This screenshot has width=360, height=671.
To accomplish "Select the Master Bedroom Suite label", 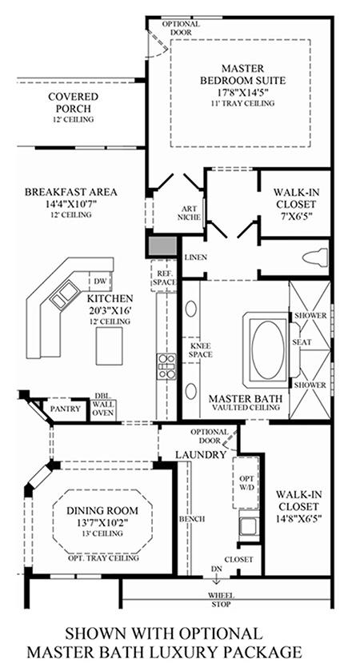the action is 242,74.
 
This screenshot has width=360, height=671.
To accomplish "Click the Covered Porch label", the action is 73,102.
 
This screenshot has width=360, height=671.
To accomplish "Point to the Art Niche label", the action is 190,213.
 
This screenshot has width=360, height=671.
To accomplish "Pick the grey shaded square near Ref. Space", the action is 162,246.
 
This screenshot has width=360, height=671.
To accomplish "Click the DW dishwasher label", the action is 101,282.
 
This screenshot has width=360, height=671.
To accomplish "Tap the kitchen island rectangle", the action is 109,345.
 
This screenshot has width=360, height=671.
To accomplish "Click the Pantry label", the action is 66,409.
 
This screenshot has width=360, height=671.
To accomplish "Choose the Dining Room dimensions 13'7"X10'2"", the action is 103,522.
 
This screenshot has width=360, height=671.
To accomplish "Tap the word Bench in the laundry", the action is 191,519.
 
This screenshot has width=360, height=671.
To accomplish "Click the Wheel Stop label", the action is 221,600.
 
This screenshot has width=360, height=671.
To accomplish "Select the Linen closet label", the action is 196,258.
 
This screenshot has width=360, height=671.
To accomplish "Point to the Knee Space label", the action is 200,350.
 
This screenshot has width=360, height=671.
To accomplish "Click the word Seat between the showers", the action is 302,342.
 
